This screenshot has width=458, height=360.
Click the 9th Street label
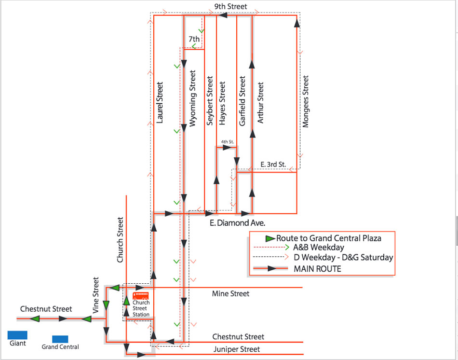pyautogui.click(x=230, y=7)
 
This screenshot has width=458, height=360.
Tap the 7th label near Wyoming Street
pyautogui.click(x=194, y=38)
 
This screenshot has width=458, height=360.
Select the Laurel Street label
pyautogui.click(x=161, y=102)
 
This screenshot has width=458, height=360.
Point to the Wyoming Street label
pyautogui.click(x=193, y=98)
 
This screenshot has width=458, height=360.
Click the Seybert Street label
pyautogui.click(x=209, y=100)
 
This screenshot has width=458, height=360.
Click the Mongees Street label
pyautogui.click(x=305, y=101)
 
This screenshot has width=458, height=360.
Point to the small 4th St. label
pyautogui.click(x=227, y=142)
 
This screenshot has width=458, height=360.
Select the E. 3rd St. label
pyautogui.click(x=273, y=165)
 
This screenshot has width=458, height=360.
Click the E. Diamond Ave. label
pyautogui.click(x=237, y=223)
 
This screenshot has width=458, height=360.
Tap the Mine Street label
pyautogui.click(x=230, y=293)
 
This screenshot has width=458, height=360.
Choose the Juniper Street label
pyautogui.click(x=236, y=349)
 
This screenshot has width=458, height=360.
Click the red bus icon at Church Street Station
pyautogui.click(x=140, y=295)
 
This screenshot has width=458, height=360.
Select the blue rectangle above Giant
pyautogui.click(x=17, y=334)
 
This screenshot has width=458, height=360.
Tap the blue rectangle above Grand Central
pyautogui.click(x=60, y=339)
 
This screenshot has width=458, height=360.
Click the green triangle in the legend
pyautogui.click(x=270, y=238)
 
